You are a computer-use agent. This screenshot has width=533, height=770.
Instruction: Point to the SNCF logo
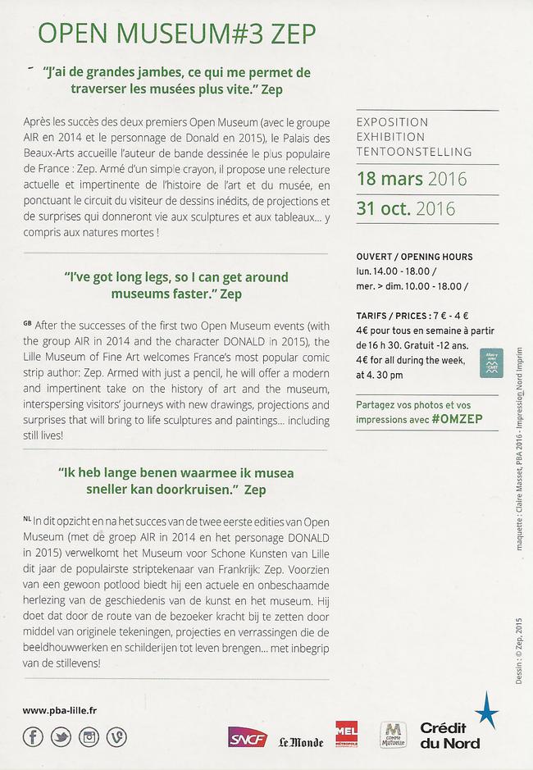pos(247,737)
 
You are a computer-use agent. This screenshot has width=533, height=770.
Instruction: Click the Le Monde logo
pos(300,741)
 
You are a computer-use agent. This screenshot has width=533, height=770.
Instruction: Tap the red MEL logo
pos(346,732)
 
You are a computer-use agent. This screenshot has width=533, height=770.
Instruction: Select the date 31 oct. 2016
pos(405,207)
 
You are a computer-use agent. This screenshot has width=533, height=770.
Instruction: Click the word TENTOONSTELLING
pos(414,152)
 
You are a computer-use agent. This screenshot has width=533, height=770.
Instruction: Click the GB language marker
pos(28,323)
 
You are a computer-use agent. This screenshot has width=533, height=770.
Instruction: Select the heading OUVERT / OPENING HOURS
pos(414,257)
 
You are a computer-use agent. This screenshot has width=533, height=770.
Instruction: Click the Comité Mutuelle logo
pos(393,735)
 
